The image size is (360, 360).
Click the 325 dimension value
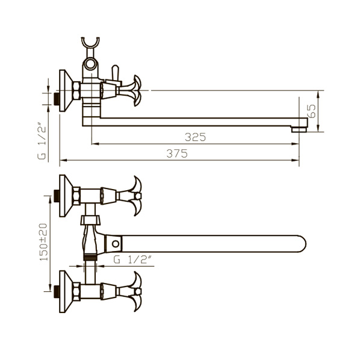(x=196, y=137)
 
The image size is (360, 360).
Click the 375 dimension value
(x=177, y=154)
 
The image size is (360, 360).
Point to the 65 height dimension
(x=311, y=111)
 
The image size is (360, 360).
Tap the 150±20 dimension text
(x=43, y=242)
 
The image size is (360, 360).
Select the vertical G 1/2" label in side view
(x=42, y=142)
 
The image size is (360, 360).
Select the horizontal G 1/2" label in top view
(x=132, y=259)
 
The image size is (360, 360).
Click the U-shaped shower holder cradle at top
(x=90, y=43)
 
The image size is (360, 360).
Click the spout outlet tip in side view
(x=299, y=129)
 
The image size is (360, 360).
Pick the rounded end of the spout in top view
(x=301, y=244)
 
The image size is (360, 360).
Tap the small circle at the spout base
(x=116, y=244)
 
